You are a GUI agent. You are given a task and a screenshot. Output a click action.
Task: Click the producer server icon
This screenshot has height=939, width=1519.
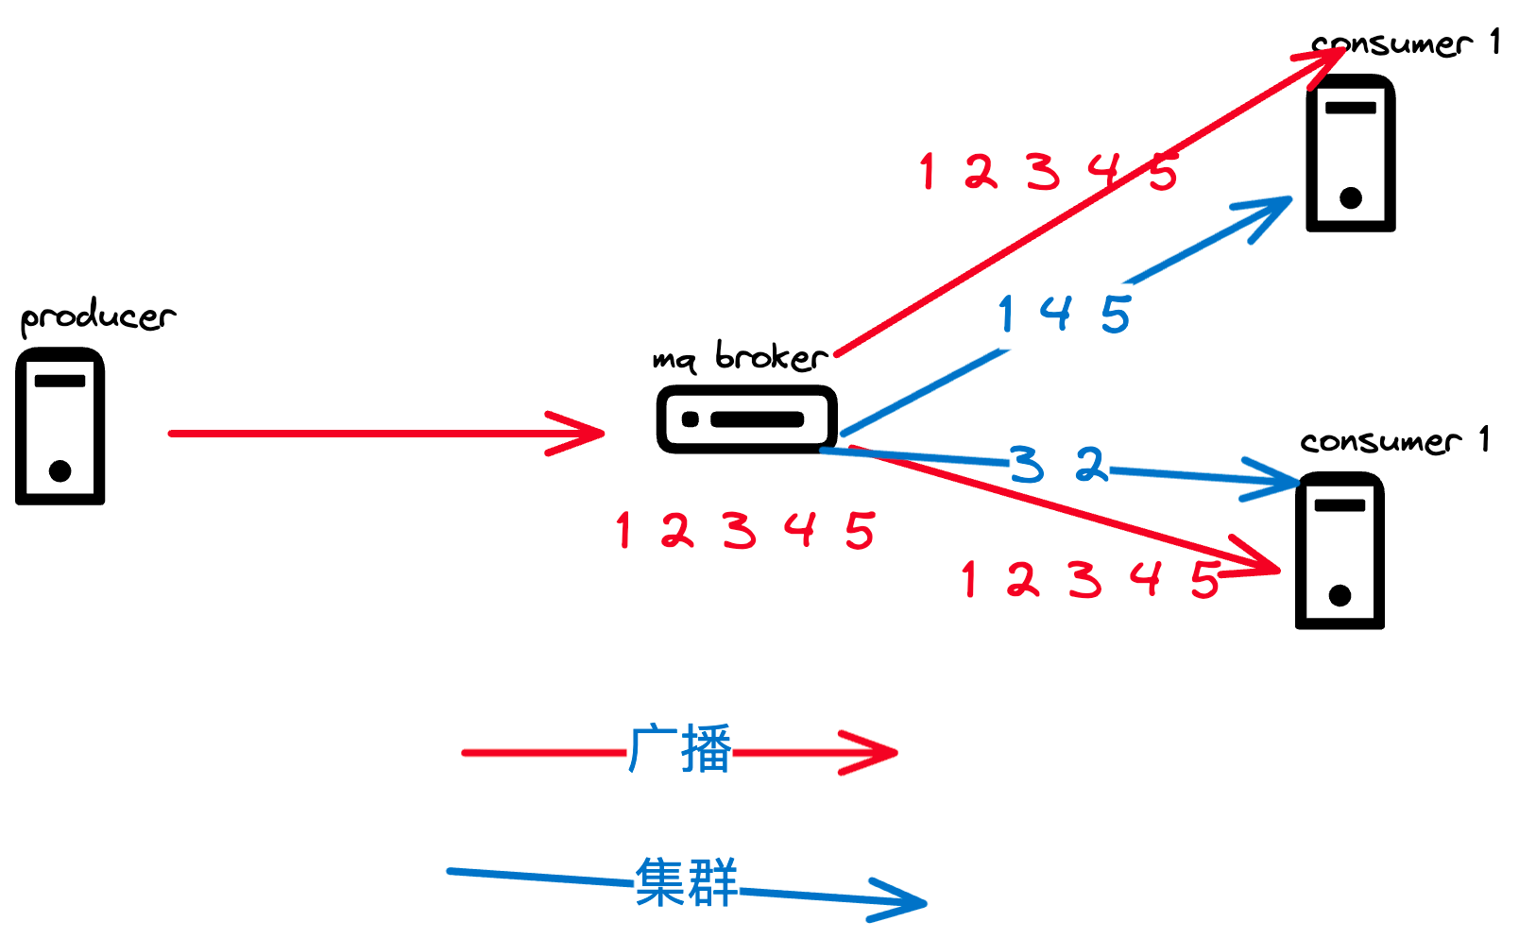tap(60, 426)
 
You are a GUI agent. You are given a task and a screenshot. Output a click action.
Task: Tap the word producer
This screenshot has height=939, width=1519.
tap(97, 317)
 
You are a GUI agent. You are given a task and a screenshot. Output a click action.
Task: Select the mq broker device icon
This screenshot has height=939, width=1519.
tap(746, 418)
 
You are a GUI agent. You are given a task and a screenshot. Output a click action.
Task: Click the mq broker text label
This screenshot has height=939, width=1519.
tap(741, 357)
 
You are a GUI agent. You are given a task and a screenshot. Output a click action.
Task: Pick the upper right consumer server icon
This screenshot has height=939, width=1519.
tap(1350, 153)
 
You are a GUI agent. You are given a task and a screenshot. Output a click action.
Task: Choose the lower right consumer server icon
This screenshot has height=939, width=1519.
tap(1339, 551)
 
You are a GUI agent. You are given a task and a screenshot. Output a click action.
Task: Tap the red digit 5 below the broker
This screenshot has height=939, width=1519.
tap(860, 530)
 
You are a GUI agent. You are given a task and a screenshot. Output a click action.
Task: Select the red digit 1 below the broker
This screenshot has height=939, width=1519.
tap(623, 530)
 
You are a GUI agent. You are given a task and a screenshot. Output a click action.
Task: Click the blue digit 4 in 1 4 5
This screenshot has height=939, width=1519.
tap(1056, 313)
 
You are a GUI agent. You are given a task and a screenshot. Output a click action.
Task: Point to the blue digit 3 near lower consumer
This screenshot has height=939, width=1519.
tap(1027, 465)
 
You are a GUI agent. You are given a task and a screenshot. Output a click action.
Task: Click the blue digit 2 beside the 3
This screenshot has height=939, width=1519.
tap(1091, 464)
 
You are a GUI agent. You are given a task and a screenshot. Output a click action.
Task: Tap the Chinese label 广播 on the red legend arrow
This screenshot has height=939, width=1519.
tap(679, 749)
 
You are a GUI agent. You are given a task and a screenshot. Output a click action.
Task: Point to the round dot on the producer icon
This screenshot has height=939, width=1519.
tap(60, 470)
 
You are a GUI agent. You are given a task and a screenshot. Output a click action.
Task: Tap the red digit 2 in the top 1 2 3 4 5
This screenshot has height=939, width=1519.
tap(981, 172)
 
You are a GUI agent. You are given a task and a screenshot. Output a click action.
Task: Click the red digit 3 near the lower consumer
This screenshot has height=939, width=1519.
tap(1084, 579)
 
